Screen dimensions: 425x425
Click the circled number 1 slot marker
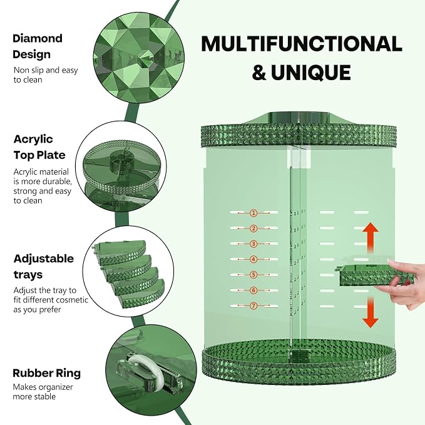(253, 213)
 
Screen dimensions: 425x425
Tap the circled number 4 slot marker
(253, 259)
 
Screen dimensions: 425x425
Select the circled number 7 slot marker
(253, 306)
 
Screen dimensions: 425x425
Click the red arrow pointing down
(371, 312)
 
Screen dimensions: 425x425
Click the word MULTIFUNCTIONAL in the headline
(302, 44)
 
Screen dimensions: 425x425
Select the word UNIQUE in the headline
(311, 73)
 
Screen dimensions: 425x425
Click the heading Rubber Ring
(46, 373)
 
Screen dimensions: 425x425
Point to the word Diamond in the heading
(38, 38)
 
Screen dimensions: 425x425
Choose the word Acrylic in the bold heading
(33, 139)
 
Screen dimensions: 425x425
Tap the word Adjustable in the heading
(44, 259)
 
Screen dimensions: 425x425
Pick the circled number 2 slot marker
(253, 228)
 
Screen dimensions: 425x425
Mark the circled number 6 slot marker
(253, 290)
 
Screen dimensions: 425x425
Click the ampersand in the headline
(259, 73)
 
